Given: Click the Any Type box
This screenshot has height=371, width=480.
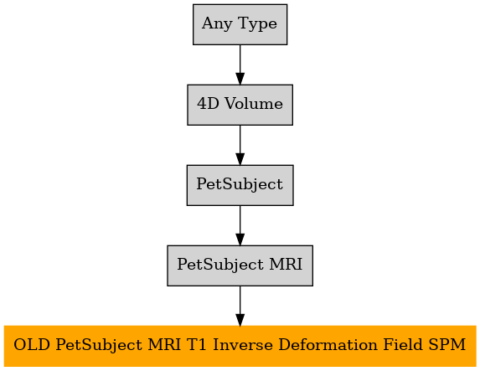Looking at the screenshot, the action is pos(240,24).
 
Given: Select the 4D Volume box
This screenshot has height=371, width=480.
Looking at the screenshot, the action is pos(240,105).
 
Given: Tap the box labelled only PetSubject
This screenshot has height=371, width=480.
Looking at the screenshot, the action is pos(240,185).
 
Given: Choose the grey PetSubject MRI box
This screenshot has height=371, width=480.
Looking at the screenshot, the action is pos(240,265).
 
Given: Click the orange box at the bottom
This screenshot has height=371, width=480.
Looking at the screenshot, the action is pos(240,346).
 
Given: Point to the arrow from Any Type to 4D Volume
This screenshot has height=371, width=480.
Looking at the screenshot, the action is pos(240,64).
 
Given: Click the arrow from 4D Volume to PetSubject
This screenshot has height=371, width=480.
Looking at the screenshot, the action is pos(240,145).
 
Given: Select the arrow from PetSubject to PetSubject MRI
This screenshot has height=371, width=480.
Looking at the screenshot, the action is pos(240,225).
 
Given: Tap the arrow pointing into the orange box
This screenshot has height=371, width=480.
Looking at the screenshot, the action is pos(240,307).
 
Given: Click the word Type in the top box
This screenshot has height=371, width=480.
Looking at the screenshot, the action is pos(257,24).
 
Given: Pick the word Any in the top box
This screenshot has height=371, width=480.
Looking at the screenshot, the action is pos(217,24).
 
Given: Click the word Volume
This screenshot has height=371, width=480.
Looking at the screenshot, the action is pos(254,104).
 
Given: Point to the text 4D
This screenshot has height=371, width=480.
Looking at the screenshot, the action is pos(208,104).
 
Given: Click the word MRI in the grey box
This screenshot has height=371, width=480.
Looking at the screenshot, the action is pos(286,264).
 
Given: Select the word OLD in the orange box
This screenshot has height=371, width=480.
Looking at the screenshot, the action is pos(32,345).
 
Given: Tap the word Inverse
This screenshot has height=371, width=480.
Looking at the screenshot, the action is pos(243,345).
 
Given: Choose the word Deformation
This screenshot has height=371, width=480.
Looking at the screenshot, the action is pos(328,345).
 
